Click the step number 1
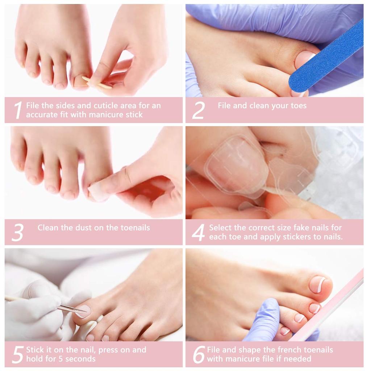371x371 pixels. (18, 110)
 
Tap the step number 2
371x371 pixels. (198, 110)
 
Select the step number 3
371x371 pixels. (17, 232)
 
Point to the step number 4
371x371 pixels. (198, 232)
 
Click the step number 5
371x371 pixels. (17, 355)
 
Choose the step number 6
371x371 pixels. (199, 355)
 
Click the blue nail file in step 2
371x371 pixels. (326, 56)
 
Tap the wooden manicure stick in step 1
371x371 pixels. (96, 83)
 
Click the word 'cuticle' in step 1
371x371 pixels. (107, 106)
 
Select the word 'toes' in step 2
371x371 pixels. (298, 106)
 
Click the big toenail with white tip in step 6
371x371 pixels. (318, 284)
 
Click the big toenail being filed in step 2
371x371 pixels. (304, 58)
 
